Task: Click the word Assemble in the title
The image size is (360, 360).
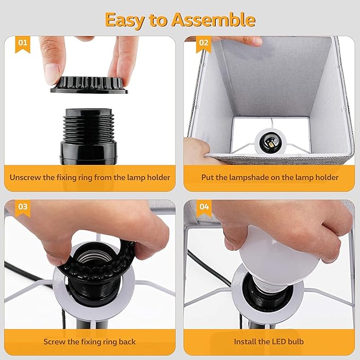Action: [214, 20]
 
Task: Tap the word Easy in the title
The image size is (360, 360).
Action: [125, 21]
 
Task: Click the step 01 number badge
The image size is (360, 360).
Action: [22, 44]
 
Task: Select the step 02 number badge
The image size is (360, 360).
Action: [204, 44]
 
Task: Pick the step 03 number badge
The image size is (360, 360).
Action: [22, 208]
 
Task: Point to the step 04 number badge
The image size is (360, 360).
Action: [204, 208]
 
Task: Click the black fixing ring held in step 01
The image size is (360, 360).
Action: [89, 85]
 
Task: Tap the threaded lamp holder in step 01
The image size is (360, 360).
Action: [89, 136]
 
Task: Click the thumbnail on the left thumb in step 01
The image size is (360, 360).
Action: [51, 74]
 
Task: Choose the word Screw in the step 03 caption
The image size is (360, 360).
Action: [53, 341]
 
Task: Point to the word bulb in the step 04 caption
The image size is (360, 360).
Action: [296, 341]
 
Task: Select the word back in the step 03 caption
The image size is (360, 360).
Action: [127, 341]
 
